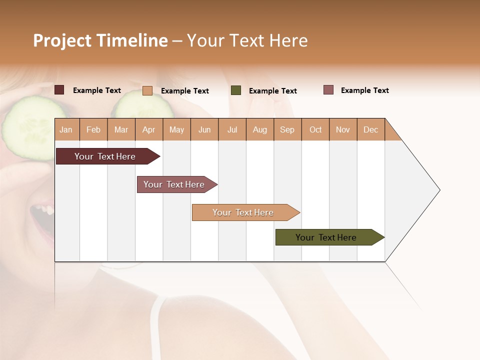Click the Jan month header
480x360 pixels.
66,129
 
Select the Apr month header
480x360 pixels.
149,129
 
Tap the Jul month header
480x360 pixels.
232,129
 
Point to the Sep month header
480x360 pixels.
287,129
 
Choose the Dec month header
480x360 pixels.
370,129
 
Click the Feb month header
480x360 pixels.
93,129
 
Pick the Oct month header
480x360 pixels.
315,129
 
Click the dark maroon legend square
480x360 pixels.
59,90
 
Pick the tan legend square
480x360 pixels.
147,90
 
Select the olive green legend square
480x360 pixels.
236,90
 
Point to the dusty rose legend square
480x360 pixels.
328,90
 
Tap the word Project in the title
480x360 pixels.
62,40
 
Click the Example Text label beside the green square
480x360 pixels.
272,91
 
